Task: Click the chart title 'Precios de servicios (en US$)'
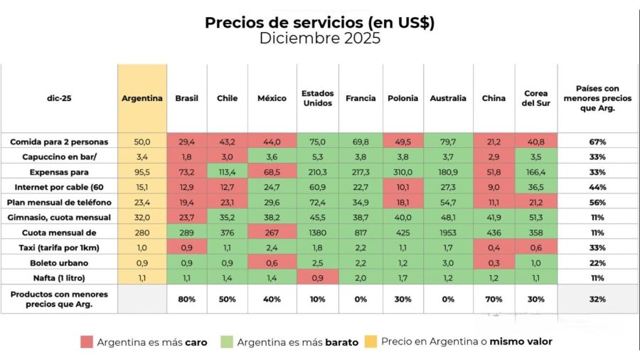coord(319,22)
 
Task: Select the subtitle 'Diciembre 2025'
coord(319,38)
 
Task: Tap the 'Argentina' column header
coord(142,98)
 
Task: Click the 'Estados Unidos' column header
coord(317,98)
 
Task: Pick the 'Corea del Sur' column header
coord(535,98)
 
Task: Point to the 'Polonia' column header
coord(402,98)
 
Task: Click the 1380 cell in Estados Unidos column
coord(317,233)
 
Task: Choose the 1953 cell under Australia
coord(448,233)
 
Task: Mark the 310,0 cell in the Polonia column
coord(402,172)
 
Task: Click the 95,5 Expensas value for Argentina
coord(142,172)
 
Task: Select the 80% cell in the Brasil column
coord(187,299)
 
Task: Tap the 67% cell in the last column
coord(597,142)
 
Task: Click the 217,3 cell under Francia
coord(360,172)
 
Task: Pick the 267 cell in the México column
coord(272,233)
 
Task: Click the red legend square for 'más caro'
coord(86,342)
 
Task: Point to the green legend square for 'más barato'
coord(228,342)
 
